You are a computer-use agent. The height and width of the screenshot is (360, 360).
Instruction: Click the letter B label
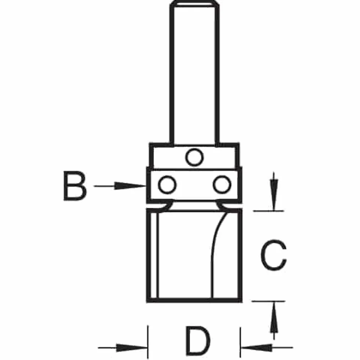click(x=75, y=186)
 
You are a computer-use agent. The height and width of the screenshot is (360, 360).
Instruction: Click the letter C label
click(x=273, y=255)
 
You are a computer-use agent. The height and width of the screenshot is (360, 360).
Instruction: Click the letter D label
click(x=198, y=340)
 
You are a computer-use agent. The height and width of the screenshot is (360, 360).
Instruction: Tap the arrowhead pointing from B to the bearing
click(x=130, y=186)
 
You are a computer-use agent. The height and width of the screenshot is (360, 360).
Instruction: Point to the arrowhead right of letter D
click(x=256, y=348)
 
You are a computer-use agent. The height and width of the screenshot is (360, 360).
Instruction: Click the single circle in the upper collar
click(x=194, y=157)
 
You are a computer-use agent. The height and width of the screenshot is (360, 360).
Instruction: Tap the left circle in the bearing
click(x=168, y=184)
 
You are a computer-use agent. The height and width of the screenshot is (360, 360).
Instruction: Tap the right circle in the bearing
click(x=222, y=184)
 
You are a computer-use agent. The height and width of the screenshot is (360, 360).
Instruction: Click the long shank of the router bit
click(x=194, y=73)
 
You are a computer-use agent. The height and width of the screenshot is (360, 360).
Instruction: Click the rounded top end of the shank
click(x=194, y=3)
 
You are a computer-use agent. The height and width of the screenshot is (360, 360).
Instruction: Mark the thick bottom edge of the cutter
click(x=194, y=300)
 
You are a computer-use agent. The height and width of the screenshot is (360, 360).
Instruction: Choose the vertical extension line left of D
click(x=148, y=342)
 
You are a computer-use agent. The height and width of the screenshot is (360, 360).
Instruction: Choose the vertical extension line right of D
click(x=240, y=342)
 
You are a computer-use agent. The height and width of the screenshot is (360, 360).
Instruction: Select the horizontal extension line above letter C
click(x=269, y=211)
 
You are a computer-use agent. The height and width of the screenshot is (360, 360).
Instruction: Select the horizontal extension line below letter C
click(x=269, y=301)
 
